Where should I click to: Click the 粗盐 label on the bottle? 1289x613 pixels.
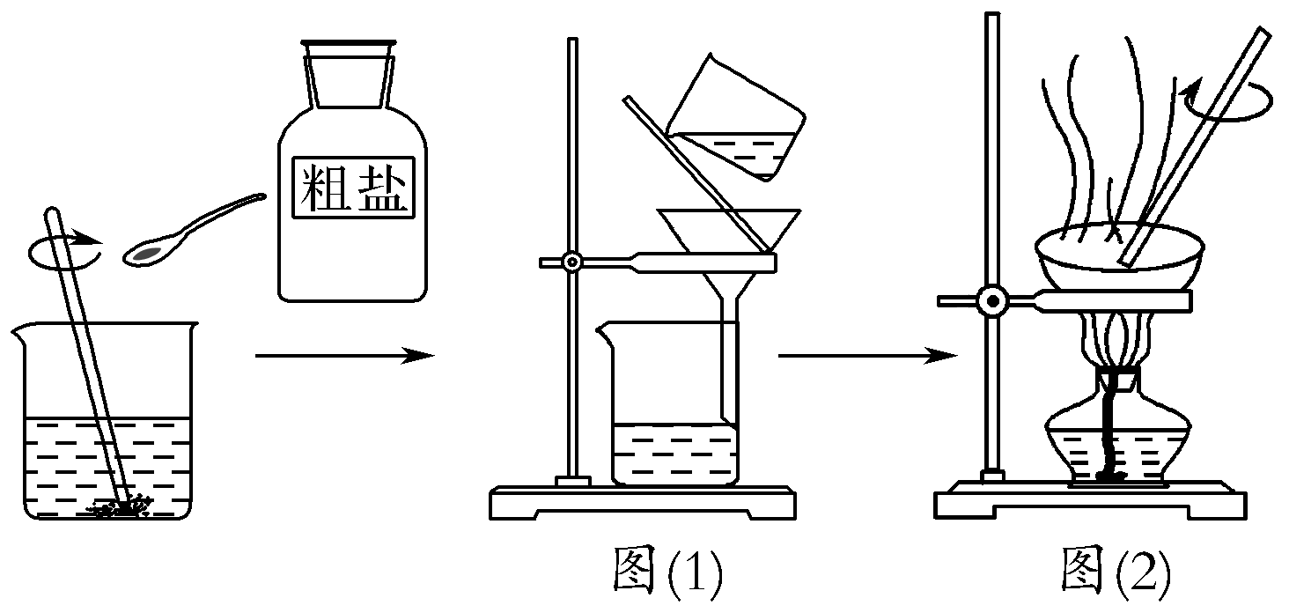tap(353, 188)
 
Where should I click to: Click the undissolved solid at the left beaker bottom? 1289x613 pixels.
tap(123, 506)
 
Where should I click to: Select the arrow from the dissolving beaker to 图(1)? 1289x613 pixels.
tap(343, 356)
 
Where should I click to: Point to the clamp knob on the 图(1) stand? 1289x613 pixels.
tap(572, 262)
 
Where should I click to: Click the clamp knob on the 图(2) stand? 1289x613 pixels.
tap(993, 301)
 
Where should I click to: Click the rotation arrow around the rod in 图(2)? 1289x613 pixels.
tap(1228, 101)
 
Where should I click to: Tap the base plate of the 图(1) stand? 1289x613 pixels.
tap(643, 504)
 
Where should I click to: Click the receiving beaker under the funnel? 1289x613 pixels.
tap(674, 414)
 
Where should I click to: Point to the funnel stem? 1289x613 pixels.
tap(729, 352)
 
